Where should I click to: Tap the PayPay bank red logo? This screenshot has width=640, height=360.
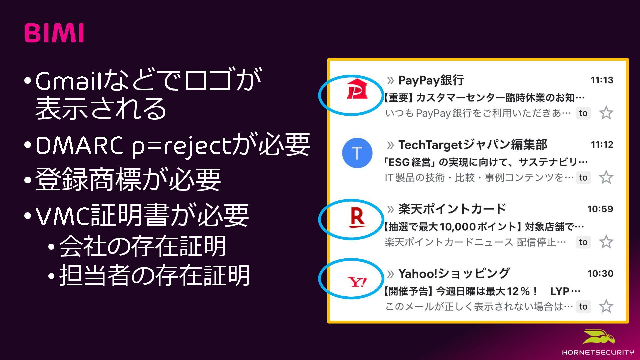357,89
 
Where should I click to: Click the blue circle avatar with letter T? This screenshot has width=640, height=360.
357,153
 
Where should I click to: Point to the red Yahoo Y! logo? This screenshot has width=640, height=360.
357,282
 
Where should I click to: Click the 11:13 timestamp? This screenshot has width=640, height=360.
602,80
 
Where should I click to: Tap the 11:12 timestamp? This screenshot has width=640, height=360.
602,144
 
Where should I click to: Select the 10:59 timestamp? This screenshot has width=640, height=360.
600,209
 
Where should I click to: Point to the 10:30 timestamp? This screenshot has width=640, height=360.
600,273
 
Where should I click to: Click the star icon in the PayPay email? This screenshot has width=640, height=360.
606,113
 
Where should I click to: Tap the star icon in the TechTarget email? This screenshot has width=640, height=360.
606,177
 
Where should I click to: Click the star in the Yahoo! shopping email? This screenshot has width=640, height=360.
606,306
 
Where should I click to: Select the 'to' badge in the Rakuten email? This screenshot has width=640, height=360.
583,242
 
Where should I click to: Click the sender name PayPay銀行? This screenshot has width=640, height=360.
431,80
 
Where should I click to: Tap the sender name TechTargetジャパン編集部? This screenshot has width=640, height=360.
473,145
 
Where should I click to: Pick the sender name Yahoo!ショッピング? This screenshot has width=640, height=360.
454,274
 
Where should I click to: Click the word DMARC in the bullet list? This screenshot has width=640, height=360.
79,146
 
